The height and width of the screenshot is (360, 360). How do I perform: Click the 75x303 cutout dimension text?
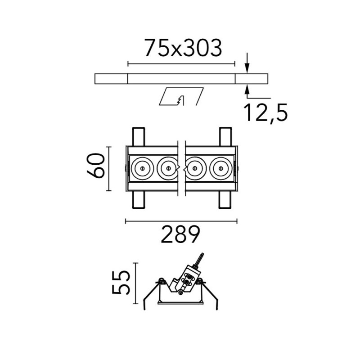[183, 48]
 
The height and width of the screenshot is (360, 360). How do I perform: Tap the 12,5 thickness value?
[265, 113]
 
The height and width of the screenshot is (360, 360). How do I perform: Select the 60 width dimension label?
[96, 166]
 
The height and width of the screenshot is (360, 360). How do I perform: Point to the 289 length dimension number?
[180, 234]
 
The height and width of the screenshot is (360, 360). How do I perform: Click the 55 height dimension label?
[121, 283]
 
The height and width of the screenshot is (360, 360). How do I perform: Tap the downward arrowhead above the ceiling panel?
[247, 68]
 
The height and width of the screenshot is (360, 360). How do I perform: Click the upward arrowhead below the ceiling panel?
[247, 89]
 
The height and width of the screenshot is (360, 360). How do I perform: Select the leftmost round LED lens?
[142, 168]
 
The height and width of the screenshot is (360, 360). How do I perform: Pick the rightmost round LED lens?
[221, 168]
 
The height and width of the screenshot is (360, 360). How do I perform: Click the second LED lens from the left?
[168, 168]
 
